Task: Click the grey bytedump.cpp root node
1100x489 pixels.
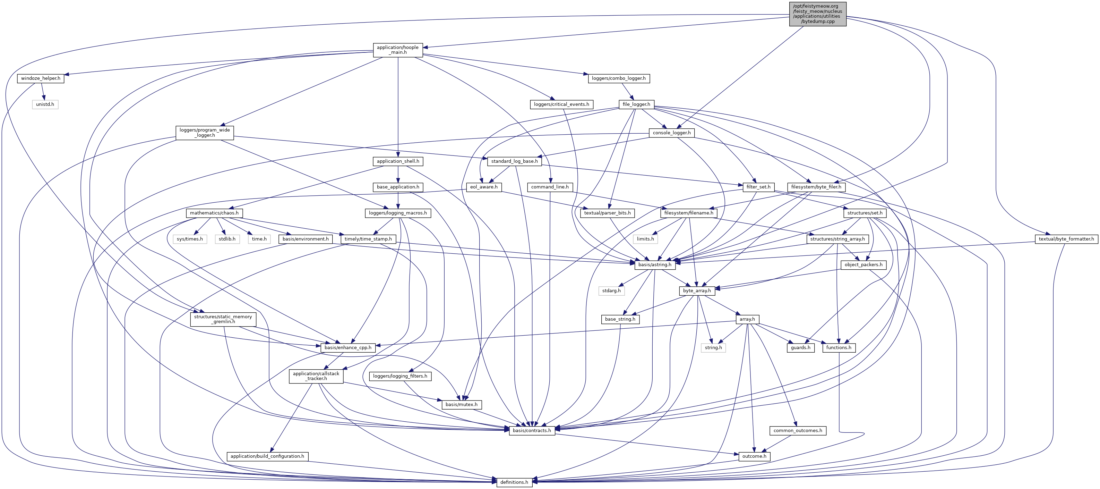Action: [817, 14]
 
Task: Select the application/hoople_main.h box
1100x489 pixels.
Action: [397, 50]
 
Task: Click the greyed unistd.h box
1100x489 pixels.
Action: [45, 104]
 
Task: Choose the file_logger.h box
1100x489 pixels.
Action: [636, 104]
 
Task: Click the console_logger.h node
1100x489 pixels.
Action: [671, 133]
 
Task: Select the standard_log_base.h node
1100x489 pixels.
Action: [514, 161]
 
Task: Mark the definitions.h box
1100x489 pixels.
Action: [514, 482]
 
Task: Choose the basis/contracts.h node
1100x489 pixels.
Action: [532, 430]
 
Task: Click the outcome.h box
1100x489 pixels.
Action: [754, 456]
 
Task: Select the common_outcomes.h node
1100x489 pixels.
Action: [798, 430]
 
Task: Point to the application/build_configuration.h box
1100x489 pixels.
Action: [267, 456]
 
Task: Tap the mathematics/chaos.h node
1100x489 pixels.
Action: [214, 213]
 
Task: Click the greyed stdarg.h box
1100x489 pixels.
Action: [611, 291]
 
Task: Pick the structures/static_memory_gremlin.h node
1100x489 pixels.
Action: [223, 319]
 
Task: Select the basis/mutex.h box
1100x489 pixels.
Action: [461, 404]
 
